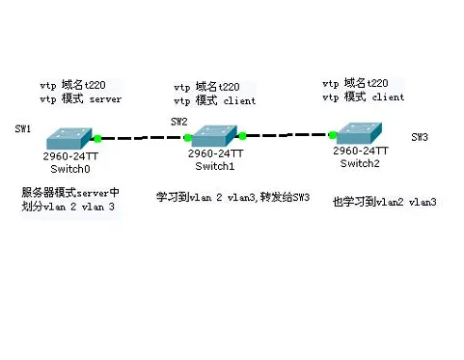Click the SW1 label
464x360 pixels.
pyautogui.click(x=23, y=128)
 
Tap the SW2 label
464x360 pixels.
pyautogui.click(x=178, y=122)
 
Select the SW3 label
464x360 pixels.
pyautogui.click(x=420, y=137)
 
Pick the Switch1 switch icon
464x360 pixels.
pyautogui.click(x=216, y=136)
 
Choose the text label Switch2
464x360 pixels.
pyautogui.click(x=360, y=162)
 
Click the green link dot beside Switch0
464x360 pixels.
pyautogui.click(x=97, y=139)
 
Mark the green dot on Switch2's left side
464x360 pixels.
pyautogui.click(x=331, y=135)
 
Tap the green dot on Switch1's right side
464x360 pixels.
pyautogui.click(x=243, y=136)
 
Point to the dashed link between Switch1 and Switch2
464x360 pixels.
pyautogui.click(x=287, y=136)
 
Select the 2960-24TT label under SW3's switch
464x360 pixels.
pyautogui.click(x=361, y=151)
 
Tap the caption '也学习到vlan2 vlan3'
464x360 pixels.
pyautogui.click(x=384, y=202)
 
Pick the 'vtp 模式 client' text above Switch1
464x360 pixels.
pyautogui.click(x=216, y=100)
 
